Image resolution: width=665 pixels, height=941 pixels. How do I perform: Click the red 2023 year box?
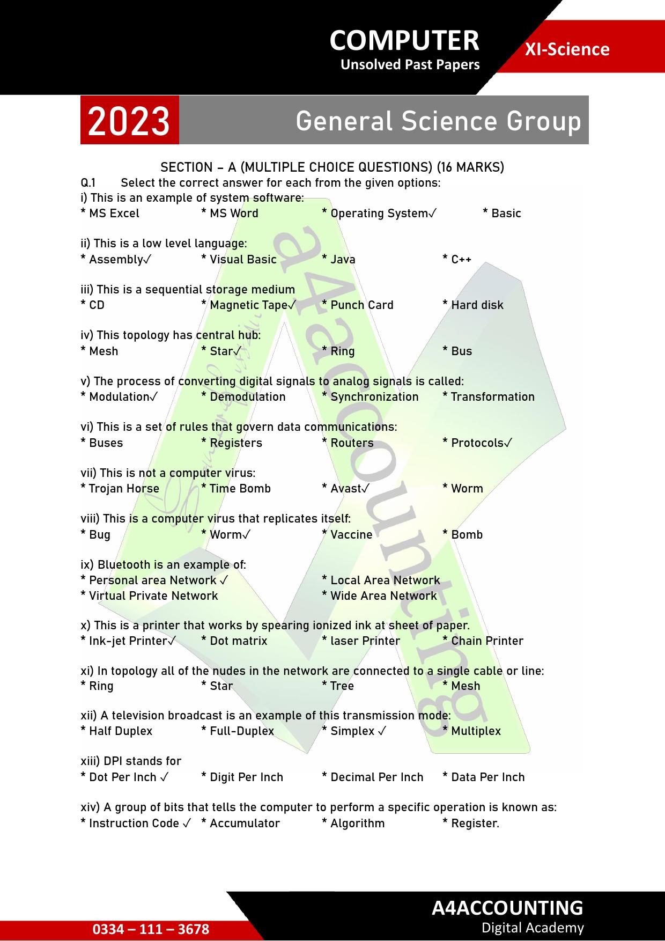pos(129,121)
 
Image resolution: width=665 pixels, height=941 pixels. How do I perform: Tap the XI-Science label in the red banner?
pos(567,49)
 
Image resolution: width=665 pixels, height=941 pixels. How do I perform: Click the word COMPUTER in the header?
pos(404,40)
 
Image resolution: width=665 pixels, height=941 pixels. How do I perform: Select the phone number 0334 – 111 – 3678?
pos(151,929)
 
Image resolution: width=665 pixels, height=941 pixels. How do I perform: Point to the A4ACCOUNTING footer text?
pos(507,907)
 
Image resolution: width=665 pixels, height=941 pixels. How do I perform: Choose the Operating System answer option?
pos(379,214)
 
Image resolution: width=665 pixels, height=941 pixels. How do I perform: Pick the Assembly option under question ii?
pos(116,260)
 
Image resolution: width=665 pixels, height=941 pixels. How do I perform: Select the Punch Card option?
pos(358,305)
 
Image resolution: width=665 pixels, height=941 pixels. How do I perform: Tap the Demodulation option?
pos(244,397)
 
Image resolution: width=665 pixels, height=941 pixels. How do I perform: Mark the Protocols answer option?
pos(477,443)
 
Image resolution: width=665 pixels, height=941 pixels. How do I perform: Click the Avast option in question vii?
pos(346,489)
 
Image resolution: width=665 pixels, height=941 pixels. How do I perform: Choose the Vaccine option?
pos(348,535)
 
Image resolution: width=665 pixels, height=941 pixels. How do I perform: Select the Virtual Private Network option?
pos(150,596)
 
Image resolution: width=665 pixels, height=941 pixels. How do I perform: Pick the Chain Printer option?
pos(483,641)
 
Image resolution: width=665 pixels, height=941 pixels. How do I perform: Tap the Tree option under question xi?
pos(338,686)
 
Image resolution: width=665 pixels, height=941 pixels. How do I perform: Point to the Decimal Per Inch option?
pos(373,777)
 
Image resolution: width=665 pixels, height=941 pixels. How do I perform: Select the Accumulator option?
pos(241,824)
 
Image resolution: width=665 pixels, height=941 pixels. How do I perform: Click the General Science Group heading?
pos(438,121)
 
